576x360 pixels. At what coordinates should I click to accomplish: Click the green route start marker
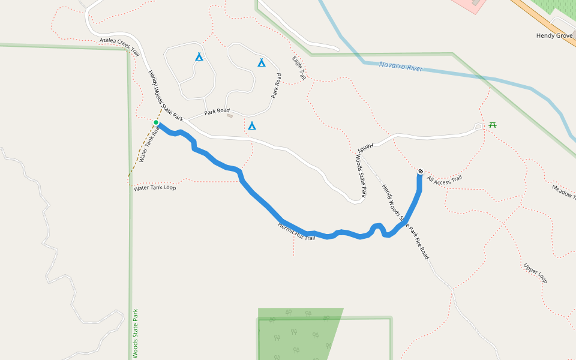(x=156, y=122)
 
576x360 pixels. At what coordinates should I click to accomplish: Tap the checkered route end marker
(x=421, y=172)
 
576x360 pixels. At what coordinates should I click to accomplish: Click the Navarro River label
(x=401, y=67)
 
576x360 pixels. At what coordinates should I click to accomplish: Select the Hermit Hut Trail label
(x=296, y=232)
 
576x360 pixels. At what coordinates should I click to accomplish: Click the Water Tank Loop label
(x=155, y=188)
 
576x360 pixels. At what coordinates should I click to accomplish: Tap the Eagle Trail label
(x=299, y=68)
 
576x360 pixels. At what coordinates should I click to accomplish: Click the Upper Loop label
(x=535, y=273)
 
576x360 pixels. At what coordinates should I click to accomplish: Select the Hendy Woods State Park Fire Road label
(x=406, y=221)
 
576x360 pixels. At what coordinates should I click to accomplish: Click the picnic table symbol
(x=493, y=125)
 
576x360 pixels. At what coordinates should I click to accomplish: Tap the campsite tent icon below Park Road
(x=252, y=125)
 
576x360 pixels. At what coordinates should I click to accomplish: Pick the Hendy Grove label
(x=555, y=36)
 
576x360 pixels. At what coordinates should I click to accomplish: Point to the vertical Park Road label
(x=276, y=86)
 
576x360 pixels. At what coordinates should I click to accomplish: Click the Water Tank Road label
(x=149, y=144)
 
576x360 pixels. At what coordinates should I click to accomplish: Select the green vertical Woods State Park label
(x=136, y=334)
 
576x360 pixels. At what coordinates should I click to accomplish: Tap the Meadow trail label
(x=563, y=193)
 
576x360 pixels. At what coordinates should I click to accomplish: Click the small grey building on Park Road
(x=230, y=115)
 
